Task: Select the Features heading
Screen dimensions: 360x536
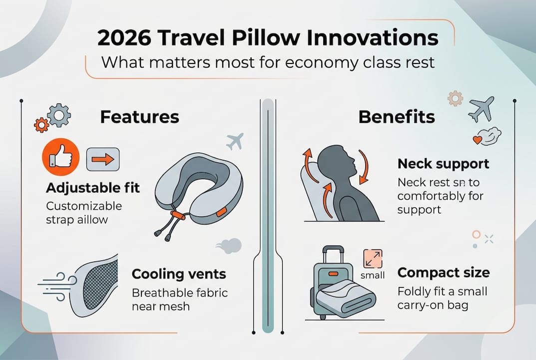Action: [x=139, y=116]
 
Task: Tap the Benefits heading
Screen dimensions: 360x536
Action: [x=397, y=116]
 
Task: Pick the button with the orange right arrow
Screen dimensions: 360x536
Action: [x=103, y=159]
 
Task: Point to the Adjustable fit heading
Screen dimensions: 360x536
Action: [x=93, y=188]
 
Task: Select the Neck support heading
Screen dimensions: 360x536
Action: [x=443, y=163]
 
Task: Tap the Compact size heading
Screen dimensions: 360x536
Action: [x=444, y=273]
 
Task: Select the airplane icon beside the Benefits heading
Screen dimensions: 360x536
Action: [x=481, y=108]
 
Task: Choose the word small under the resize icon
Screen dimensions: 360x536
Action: [x=372, y=275]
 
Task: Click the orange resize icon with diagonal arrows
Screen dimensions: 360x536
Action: [x=373, y=258]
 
